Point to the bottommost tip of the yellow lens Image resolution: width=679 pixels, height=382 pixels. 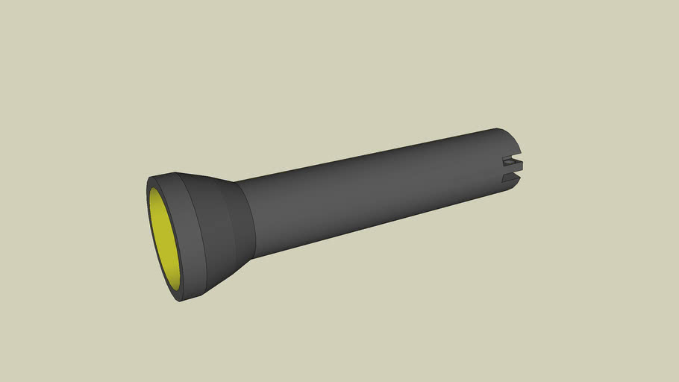coord(178,292)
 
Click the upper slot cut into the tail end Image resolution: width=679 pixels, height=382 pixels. coord(510,159)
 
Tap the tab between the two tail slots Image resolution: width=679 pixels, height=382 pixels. coord(515,168)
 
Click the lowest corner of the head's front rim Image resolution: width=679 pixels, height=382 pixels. coord(181,301)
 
